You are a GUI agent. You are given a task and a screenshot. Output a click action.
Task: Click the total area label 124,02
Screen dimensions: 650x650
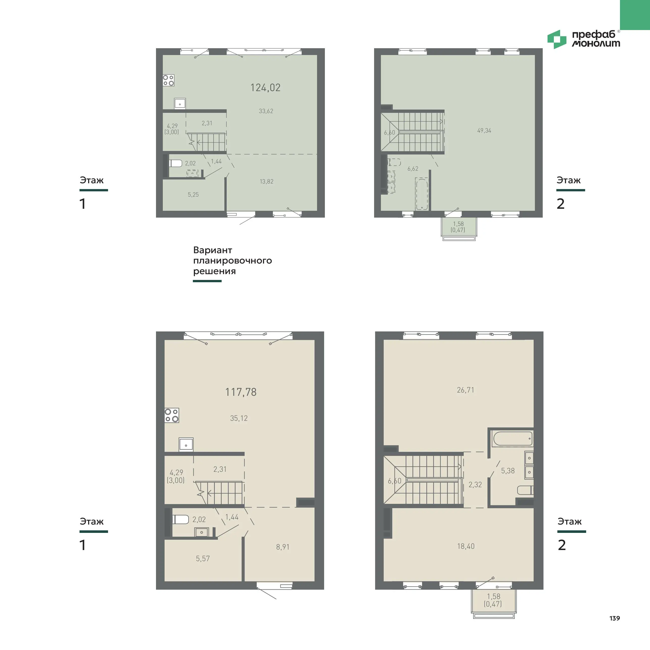pyautogui.click(x=266, y=88)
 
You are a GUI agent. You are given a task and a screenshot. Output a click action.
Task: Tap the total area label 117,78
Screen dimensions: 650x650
pyautogui.click(x=241, y=392)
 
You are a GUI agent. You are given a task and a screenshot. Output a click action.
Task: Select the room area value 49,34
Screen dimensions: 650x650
pyautogui.click(x=484, y=131)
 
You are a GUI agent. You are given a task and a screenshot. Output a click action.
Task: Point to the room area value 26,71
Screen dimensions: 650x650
pyautogui.click(x=466, y=390)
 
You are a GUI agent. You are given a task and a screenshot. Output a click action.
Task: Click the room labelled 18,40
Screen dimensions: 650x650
pyautogui.click(x=466, y=546)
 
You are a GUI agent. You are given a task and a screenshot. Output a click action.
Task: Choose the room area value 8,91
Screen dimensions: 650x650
pyautogui.click(x=283, y=547)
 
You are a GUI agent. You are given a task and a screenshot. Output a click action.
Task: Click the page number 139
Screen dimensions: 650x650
pyautogui.click(x=615, y=618)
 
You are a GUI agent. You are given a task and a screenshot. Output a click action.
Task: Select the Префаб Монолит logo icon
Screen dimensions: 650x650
pyautogui.click(x=557, y=39)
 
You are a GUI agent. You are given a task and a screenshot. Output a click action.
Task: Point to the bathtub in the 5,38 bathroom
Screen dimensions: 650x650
pyautogui.click(x=512, y=439)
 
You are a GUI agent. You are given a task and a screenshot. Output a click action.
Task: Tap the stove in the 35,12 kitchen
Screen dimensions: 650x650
pyautogui.click(x=172, y=415)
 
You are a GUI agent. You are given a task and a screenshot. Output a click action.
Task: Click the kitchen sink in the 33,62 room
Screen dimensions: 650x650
pyautogui.click(x=180, y=104)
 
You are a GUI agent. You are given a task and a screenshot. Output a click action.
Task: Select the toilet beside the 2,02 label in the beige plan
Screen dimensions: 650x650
pyautogui.click(x=180, y=519)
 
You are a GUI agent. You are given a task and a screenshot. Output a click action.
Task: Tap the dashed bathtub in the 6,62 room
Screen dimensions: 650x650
pyautogui.click(x=422, y=194)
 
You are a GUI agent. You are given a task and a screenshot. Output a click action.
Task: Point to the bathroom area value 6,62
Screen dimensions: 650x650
pyautogui.click(x=413, y=169)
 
